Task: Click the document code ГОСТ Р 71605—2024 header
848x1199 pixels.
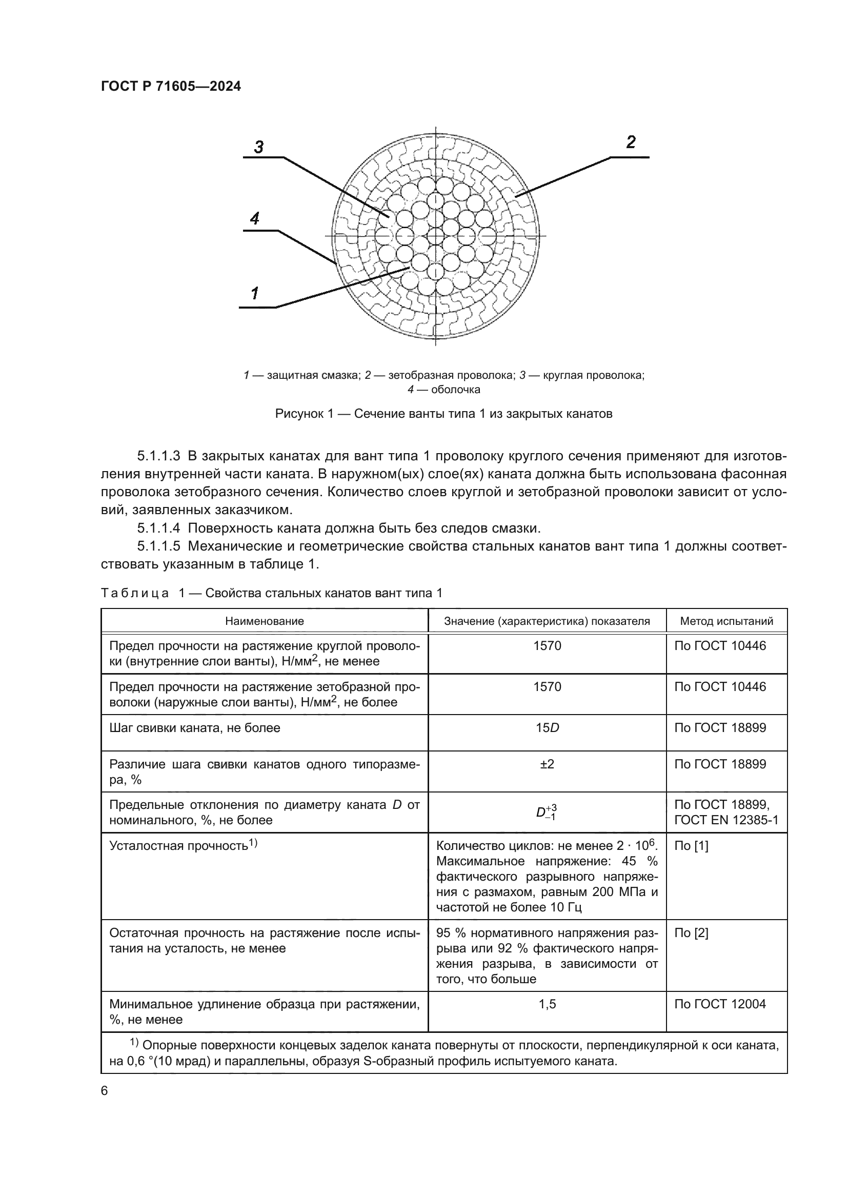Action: pyautogui.click(x=171, y=87)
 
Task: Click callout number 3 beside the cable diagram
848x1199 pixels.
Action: pyautogui.click(x=259, y=147)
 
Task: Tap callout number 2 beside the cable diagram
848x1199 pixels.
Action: pyautogui.click(x=631, y=142)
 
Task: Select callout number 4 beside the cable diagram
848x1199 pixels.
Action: pyautogui.click(x=255, y=218)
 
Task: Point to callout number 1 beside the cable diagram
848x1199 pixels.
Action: pyautogui.click(x=255, y=294)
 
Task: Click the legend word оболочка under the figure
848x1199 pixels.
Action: pyautogui.click(x=456, y=390)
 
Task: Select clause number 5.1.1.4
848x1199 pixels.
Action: pyautogui.click(x=159, y=528)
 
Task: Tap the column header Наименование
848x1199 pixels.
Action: pyautogui.click(x=264, y=621)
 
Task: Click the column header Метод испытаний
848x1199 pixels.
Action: pyautogui.click(x=726, y=621)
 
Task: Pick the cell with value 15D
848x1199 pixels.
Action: pyautogui.click(x=547, y=727)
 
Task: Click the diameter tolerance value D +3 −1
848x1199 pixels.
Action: pyautogui.click(x=547, y=812)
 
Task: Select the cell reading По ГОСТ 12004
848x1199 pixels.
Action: pyautogui.click(x=720, y=1004)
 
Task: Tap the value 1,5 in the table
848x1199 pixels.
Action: pyautogui.click(x=547, y=1004)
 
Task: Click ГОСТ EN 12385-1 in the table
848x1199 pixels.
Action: pyautogui.click(x=726, y=820)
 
